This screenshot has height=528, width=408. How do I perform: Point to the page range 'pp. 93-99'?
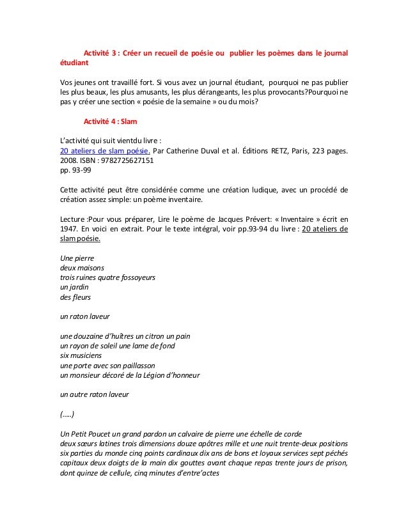click(73, 171)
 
